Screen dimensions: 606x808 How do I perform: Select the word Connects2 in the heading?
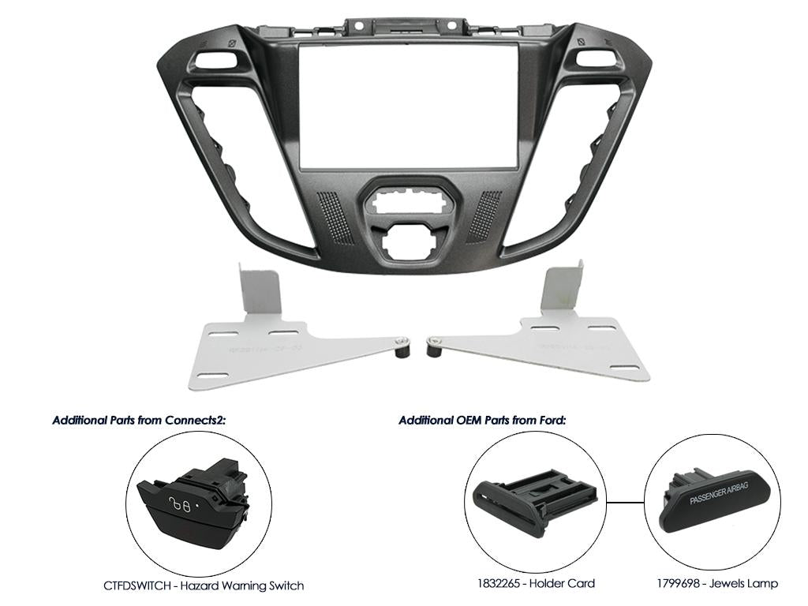point(195,420)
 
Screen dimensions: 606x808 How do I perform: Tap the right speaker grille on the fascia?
point(484,216)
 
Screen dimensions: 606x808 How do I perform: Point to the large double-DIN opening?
point(407,106)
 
